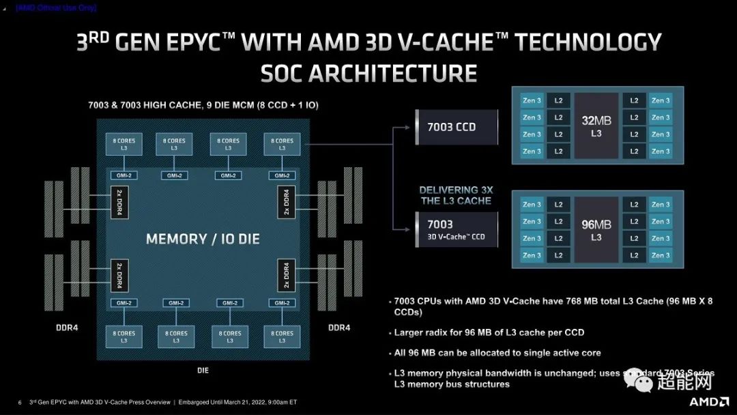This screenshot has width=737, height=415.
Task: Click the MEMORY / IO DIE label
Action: click(x=203, y=240)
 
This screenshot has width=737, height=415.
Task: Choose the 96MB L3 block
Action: click(x=596, y=230)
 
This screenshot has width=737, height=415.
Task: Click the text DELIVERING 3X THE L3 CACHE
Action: click(x=457, y=195)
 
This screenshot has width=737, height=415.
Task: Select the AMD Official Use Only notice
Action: click(x=56, y=8)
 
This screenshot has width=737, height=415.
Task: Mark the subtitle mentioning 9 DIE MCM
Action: click(x=203, y=106)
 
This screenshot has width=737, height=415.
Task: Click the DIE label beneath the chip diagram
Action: click(x=203, y=371)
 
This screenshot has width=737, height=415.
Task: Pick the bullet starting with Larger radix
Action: click(x=489, y=332)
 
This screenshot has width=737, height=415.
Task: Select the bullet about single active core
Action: click(x=496, y=352)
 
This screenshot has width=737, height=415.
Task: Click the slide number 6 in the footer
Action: click(x=20, y=402)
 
